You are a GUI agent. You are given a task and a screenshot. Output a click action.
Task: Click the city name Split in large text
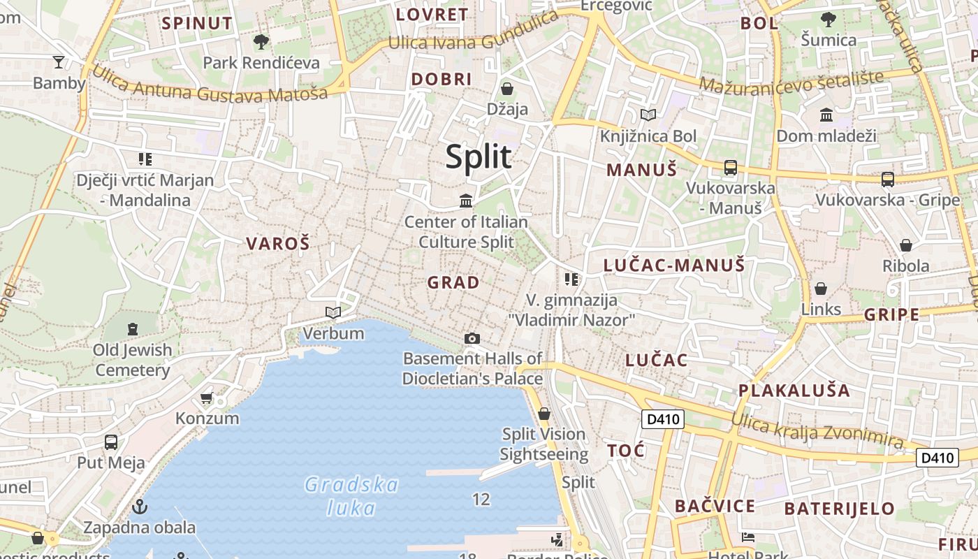(x=479, y=157)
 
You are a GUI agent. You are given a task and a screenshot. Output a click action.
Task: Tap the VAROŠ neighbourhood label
(x=277, y=244)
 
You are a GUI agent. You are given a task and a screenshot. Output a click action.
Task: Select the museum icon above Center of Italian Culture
(x=466, y=201)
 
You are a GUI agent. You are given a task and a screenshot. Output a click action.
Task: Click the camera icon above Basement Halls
(x=472, y=339)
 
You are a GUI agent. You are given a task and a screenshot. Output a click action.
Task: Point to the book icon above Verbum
(x=334, y=312)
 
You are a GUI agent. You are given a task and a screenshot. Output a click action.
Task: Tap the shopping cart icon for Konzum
(x=206, y=398)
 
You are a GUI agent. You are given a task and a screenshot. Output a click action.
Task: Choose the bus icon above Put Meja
(x=110, y=442)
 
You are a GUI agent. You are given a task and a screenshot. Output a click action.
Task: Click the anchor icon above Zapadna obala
(x=140, y=506)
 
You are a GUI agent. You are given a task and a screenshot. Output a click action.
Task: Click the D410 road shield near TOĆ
(x=662, y=419)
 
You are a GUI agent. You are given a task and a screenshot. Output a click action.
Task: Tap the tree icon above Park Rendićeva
(x=261, y=42)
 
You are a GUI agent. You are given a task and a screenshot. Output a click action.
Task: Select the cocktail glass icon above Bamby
(x=59, y=62)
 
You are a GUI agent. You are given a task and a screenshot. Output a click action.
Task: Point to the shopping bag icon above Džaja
(x=507, y=89)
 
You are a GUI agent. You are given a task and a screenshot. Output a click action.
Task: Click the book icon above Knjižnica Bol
(x=648, y=115)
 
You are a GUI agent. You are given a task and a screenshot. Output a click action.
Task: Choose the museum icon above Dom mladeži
(x=826, y=115)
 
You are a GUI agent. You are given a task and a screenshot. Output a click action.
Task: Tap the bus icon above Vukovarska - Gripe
(x=887, y=180)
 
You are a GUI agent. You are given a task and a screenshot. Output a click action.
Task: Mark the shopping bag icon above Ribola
(x=906, y=245)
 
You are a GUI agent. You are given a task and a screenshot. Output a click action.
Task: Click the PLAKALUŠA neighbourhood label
(x=794, y=391)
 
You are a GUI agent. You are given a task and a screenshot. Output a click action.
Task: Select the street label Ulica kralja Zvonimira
(x=817, y=428)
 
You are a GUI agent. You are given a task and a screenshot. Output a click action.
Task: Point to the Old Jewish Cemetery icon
(x=133, y=328)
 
